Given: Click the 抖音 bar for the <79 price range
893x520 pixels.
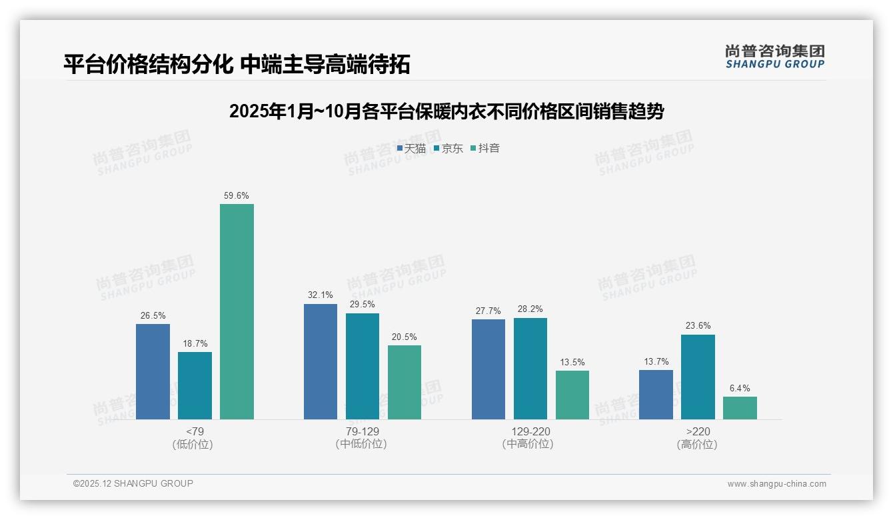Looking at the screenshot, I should tap(237, 311).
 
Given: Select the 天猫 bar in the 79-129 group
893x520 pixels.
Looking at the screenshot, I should tap(321, 361).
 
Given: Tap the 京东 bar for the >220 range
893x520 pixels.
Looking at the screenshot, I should tap(698, 377).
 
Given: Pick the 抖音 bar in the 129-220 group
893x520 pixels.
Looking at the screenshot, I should tap(572, 395).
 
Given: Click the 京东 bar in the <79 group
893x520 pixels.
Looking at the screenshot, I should tap(195, 385).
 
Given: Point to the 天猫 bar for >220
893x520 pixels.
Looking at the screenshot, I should tap(656, 395).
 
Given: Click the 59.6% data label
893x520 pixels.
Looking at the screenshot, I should tap(237, 196).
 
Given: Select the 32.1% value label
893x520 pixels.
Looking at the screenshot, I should tap(321, 295).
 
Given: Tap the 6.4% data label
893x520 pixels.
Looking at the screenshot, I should tap(740, 389).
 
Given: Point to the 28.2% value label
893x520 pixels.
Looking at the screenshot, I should tap(530, 309).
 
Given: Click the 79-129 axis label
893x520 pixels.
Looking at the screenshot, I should tap(362, 432).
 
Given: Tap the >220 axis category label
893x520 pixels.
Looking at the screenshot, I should tap(697, 432).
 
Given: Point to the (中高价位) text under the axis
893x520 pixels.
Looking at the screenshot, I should tap(528, 444).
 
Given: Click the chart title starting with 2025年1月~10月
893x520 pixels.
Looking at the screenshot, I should tap(446, 111).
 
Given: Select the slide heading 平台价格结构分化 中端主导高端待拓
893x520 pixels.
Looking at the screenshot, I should tap(237, 64).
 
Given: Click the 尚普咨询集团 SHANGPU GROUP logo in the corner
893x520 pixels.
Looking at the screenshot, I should tap(774, 57).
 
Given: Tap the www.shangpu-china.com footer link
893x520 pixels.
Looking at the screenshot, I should tap(776, 484).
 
